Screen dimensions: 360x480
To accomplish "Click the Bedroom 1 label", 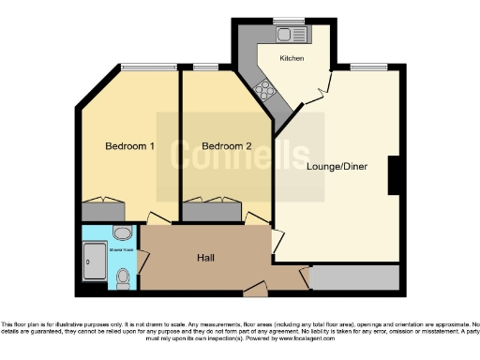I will tap(129, 146).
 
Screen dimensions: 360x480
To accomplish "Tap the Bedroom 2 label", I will tap(227, 146).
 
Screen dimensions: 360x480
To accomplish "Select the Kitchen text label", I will tap(292, 58).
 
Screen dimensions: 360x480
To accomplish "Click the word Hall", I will tap(207, 257).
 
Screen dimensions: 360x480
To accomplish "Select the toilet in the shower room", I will tap(124, 277).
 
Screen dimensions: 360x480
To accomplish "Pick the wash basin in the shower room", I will tap(121, 233).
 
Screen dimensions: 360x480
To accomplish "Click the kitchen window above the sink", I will tap(288, 21).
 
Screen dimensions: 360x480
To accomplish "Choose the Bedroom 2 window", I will tap(210, 67).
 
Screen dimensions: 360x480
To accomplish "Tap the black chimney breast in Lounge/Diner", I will tap(396, 176).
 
